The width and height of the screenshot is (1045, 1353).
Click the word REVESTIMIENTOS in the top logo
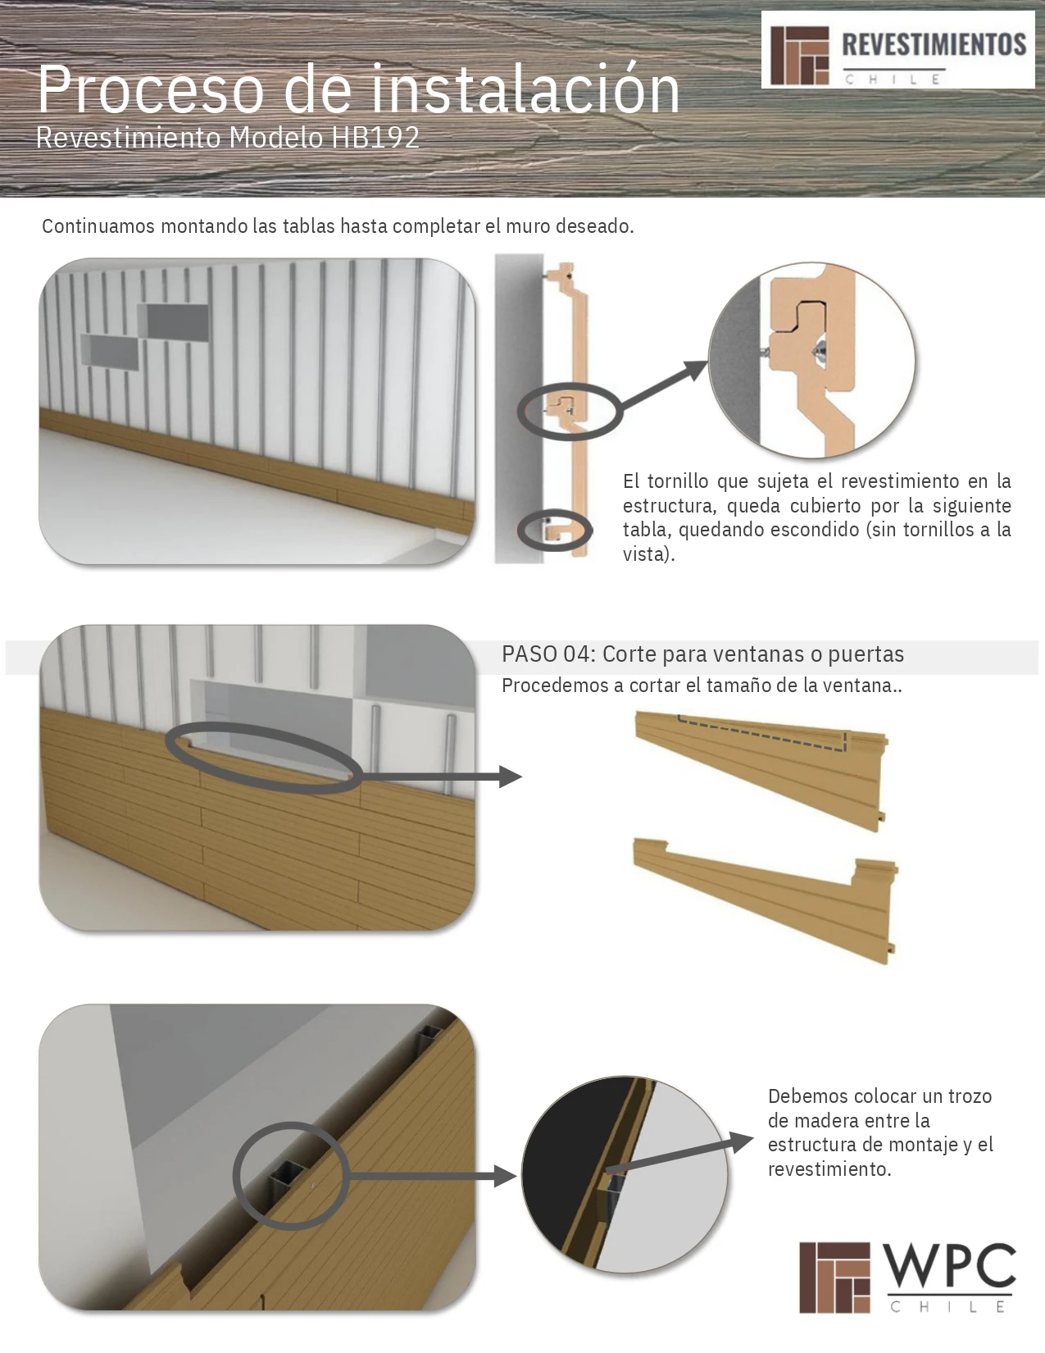click(x=934, y=45)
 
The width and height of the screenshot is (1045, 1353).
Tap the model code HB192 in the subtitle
click(x=375, y=138)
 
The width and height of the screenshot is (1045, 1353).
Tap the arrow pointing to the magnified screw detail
click(x=664, y=385)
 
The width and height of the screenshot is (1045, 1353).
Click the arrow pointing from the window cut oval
click(x=441, y=777)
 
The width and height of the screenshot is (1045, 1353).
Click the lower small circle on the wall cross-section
click(x=555, y=531)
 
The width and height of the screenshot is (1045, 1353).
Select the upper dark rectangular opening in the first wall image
click(x=174, y=321)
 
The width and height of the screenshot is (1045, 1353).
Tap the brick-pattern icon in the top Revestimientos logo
click(x=800, y=56)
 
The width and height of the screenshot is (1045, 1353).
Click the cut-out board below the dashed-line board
click(x=765, y=900)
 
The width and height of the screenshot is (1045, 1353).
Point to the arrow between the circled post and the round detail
click(x=429, y=1178)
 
